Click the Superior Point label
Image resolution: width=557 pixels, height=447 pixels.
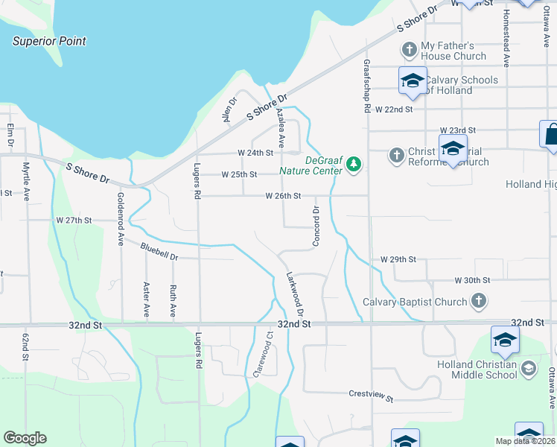pos(49,42)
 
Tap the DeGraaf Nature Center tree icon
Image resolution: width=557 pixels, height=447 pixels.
pos(354,164)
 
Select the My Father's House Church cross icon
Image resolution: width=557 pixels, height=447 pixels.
pos(409,50)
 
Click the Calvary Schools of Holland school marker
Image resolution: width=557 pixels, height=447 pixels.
pos(412,81)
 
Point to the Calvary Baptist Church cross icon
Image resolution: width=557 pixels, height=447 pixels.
pos(479,302)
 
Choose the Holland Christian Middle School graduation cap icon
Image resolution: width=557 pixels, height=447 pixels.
pos(528,368)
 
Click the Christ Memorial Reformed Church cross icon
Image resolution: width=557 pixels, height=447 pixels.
pos(397,156)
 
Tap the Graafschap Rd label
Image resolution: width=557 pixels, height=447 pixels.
pos(367,86)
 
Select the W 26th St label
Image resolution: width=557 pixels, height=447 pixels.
pos(283,196)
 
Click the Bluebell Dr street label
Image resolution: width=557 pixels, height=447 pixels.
pos(159,250)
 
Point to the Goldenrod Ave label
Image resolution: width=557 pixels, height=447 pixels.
pos(120,219)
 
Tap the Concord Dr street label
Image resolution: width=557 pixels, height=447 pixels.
pos(316,226)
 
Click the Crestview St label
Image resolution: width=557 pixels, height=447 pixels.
pos(370,396)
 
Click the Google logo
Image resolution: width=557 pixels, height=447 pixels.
pos(25,438)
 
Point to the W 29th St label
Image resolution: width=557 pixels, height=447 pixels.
pos(398,259)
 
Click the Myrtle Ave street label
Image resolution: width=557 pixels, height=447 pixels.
pos(26,181)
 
